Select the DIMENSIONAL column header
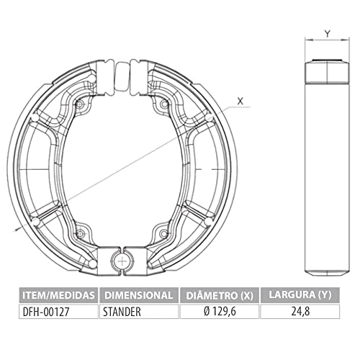139,294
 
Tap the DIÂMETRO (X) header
218,294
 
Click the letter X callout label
240,102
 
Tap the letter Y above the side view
327,33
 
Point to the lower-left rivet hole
80,233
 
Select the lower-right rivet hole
165,233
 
